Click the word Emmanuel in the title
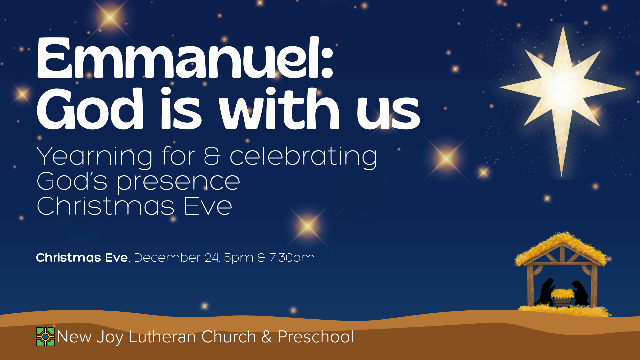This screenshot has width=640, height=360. pos(177,58)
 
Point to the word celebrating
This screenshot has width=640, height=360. pos(303,157)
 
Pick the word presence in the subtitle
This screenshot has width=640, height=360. pos(178,182)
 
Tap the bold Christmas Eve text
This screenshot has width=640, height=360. pos(82,258)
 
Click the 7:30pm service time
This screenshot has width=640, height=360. pos(292,258)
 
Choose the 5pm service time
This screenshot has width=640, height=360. pos(238,258)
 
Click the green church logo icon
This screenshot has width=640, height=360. pos(45,337)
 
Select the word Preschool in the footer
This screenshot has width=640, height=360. pos(315,337)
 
